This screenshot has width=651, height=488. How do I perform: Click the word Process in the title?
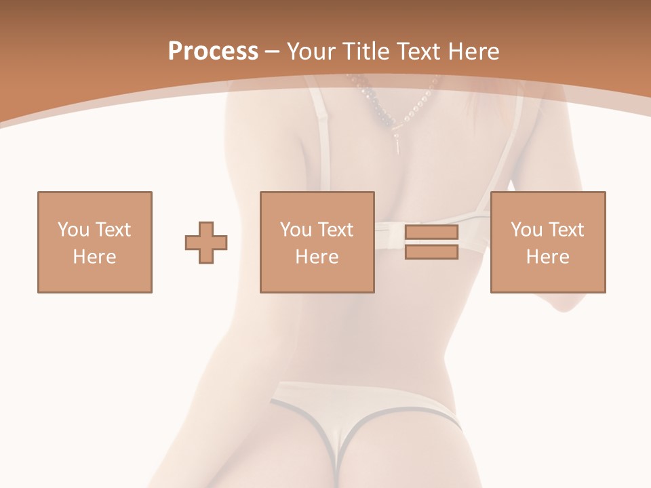click(213, 51)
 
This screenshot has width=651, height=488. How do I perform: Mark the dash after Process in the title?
click(273, 52)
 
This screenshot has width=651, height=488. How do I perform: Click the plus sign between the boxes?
click(206, 243)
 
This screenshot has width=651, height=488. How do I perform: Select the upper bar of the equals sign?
click(431, 232)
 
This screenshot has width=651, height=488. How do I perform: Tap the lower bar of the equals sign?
click(431, 251)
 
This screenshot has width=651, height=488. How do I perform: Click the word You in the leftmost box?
click(73, 230)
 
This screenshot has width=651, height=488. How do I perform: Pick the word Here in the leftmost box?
click(95, 257)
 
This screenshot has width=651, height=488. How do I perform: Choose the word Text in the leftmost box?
click(113, 230)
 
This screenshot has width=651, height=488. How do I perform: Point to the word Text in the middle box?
click(335, 230)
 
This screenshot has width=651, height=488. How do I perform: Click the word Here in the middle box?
click(317, 257)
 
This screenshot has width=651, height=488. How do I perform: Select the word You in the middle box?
click(296, 230)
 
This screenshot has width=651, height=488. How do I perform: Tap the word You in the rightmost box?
click(526, 230)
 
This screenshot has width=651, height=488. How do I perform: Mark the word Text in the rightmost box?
click(566, 230)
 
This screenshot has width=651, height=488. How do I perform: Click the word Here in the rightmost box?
click(548, 257)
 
